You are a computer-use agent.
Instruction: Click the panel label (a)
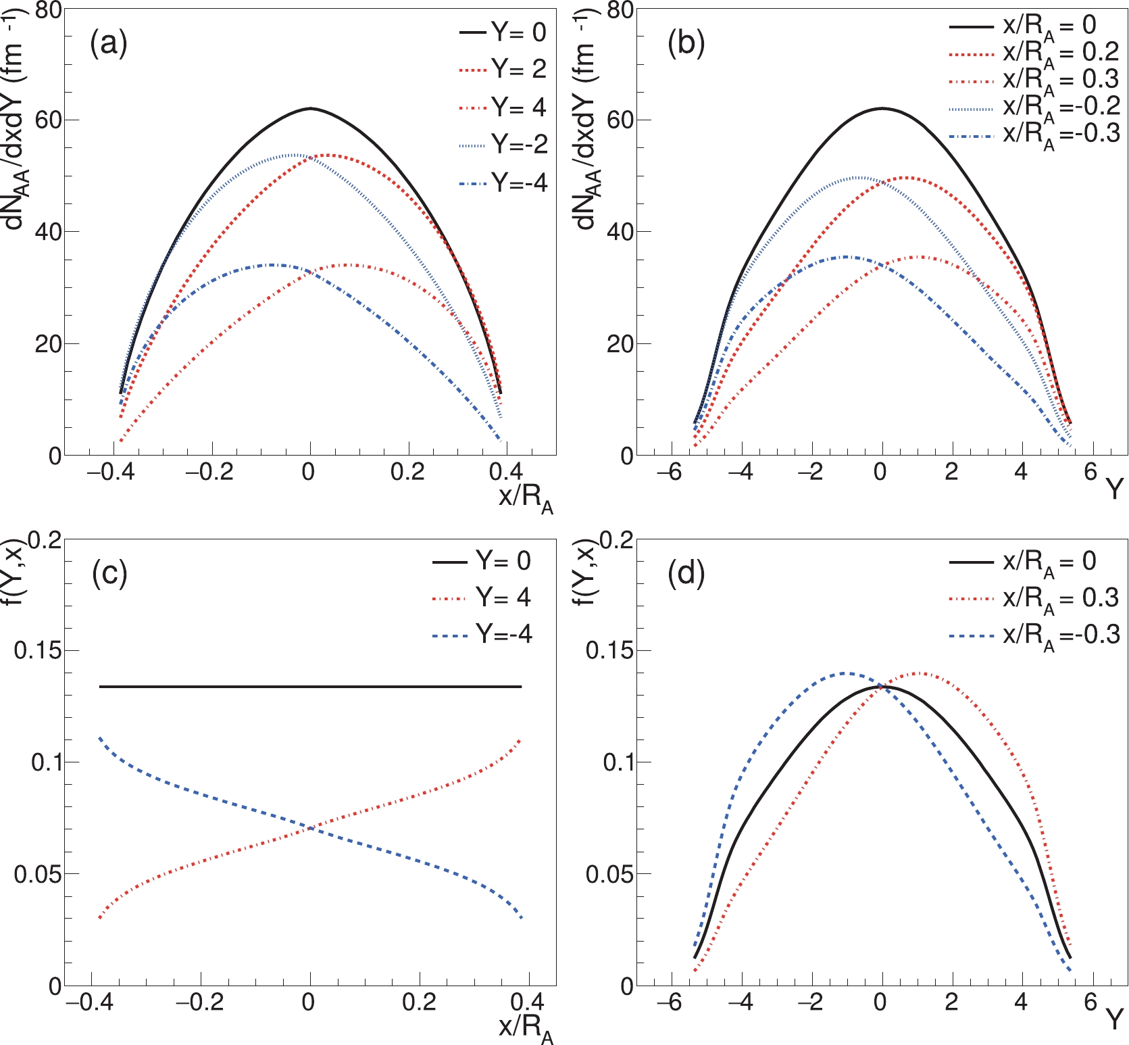coord(108,45)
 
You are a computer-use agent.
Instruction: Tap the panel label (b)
coord(686,45)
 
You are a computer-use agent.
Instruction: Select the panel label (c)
coord(109,574)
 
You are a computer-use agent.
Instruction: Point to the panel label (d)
coord(686,574)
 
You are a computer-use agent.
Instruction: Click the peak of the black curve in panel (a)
coord(310,108)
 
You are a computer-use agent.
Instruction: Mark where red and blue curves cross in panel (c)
coord(310,827)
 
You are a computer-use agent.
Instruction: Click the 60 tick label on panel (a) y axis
coord(48,120)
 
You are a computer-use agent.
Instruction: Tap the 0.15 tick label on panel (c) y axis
coord(38,650)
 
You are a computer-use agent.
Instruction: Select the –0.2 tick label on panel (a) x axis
coord(209,472)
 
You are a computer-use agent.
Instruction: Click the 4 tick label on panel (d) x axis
coord(1020,1002)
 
